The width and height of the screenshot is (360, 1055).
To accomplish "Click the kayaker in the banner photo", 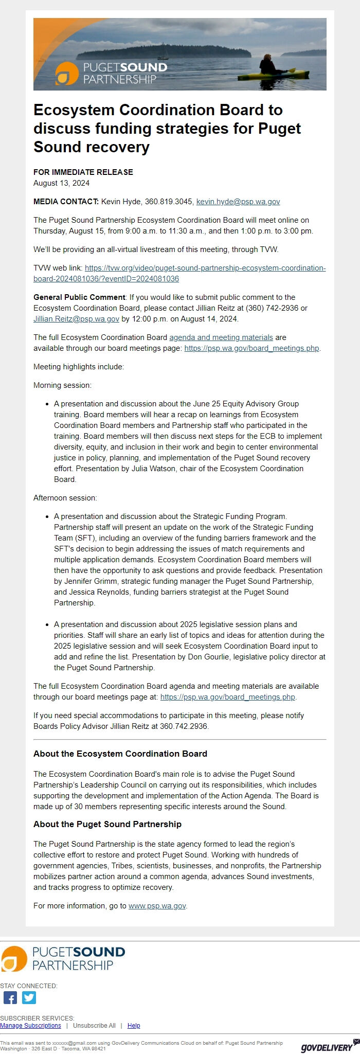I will (268, 66).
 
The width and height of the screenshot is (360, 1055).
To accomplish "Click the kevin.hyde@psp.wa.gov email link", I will (238, 202).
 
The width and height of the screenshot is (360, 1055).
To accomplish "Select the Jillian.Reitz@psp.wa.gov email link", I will (76, 319).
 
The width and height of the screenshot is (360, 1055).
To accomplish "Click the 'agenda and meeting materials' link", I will (221, 337).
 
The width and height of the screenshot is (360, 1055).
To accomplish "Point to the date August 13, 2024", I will (61, 183).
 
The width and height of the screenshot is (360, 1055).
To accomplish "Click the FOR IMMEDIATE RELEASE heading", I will (83, 172).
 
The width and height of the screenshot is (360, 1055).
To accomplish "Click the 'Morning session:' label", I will (62, 385).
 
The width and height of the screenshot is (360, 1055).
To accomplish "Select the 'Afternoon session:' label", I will (65, 498).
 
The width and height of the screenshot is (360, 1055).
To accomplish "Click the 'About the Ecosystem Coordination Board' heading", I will (120, 754).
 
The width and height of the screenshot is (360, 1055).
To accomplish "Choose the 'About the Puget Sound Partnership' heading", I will (107, 824).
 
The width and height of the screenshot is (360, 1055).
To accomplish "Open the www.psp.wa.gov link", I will (157, 906).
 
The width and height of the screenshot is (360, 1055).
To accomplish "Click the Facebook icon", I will (10, 998).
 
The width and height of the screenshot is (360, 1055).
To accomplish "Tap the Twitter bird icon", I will (29, 998).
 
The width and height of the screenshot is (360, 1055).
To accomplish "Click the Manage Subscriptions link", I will (30, 1026).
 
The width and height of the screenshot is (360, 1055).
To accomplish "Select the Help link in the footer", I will (134, 1026).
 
